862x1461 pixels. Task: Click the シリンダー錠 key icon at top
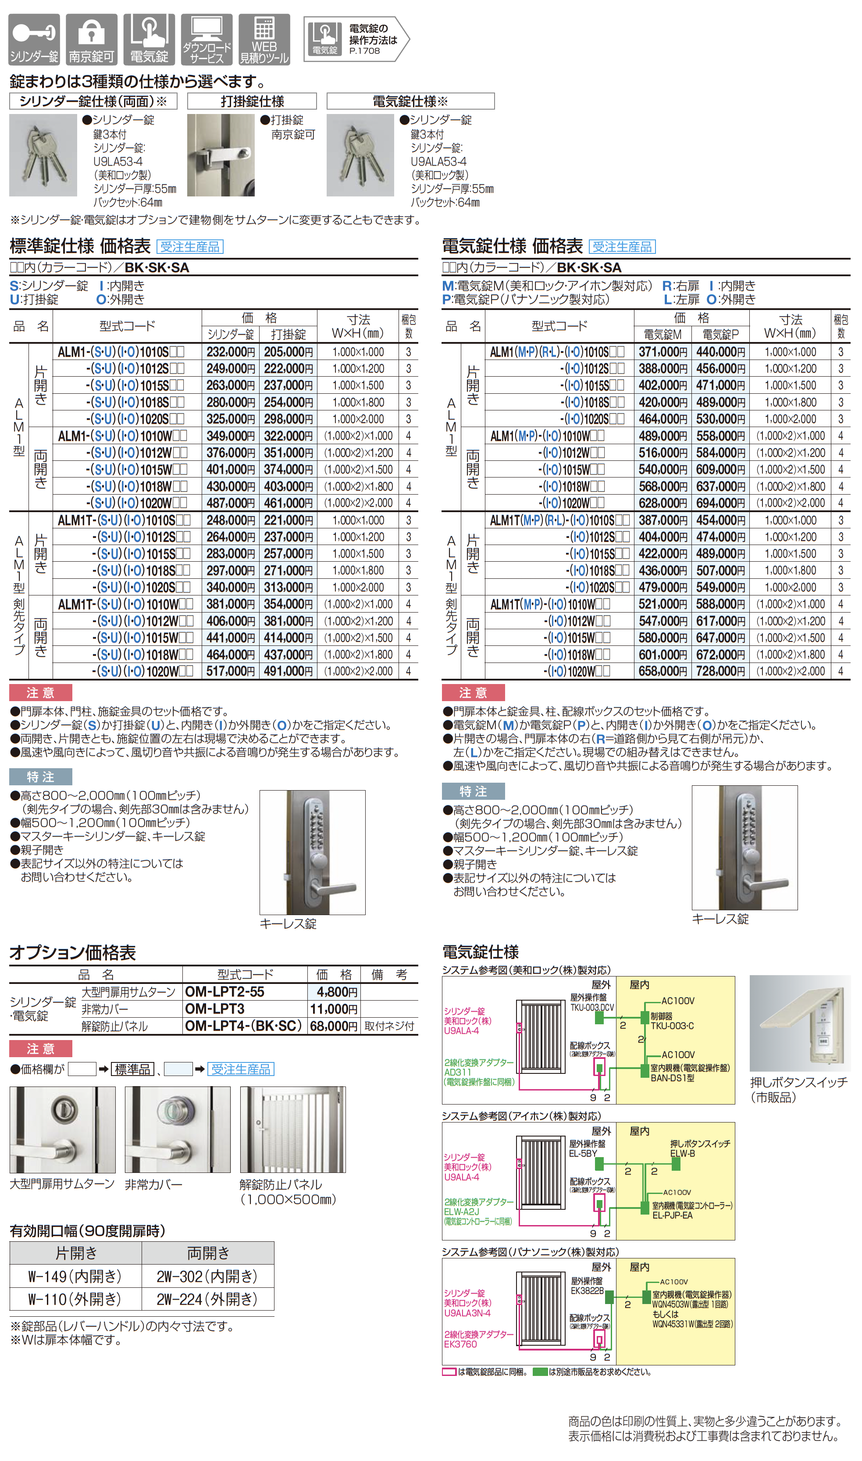34,39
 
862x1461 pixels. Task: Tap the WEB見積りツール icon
264,39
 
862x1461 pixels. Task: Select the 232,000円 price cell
231,352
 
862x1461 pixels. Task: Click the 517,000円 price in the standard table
231,671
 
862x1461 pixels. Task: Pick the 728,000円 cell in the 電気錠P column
720,671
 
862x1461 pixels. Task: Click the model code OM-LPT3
215,1009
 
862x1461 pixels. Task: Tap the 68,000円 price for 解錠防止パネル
333,1026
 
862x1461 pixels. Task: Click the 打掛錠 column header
288,335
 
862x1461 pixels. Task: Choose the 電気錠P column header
720,335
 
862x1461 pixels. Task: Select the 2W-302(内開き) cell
207,1276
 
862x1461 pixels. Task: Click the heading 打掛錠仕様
252,102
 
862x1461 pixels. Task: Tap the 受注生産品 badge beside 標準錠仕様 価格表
190,247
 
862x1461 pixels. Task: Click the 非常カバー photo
177,1130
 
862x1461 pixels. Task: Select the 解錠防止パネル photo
293,1130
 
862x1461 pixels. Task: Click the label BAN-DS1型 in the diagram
672,1078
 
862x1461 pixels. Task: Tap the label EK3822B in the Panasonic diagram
587,1291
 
